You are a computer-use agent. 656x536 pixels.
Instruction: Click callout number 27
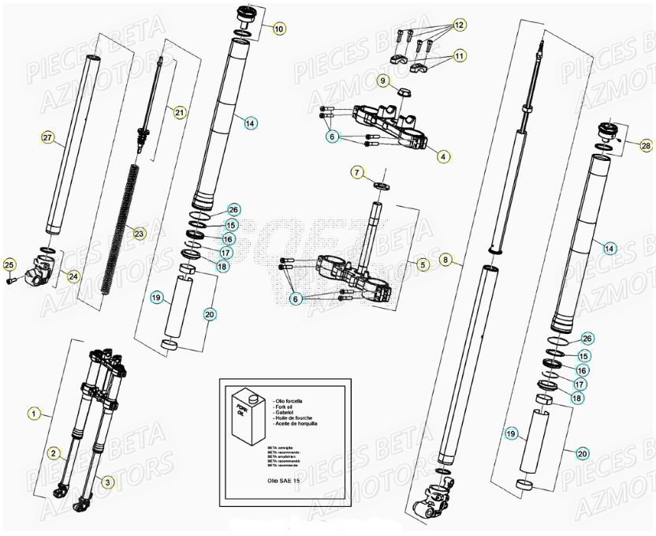pos(48,139)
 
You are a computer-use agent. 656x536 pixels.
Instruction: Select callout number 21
pos(180,113)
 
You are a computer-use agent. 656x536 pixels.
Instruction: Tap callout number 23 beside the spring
pos(139,234)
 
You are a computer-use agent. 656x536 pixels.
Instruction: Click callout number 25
pos(9,264)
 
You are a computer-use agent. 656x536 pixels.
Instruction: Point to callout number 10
pos(279,28)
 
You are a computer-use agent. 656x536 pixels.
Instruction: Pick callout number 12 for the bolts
pos(458,24)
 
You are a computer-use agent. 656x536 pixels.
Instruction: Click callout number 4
pos(443,156)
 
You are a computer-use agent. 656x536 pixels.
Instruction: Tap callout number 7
pos(357,171)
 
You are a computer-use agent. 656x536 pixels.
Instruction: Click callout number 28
pos(646,145)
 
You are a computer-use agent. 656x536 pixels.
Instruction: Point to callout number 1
pos(33,412)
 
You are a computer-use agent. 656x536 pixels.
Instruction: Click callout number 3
pos(108,480)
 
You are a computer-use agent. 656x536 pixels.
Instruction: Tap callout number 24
pos(74,276)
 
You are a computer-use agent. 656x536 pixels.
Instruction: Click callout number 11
pos(458,56)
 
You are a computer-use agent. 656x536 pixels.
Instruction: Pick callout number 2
pos(53,453)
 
